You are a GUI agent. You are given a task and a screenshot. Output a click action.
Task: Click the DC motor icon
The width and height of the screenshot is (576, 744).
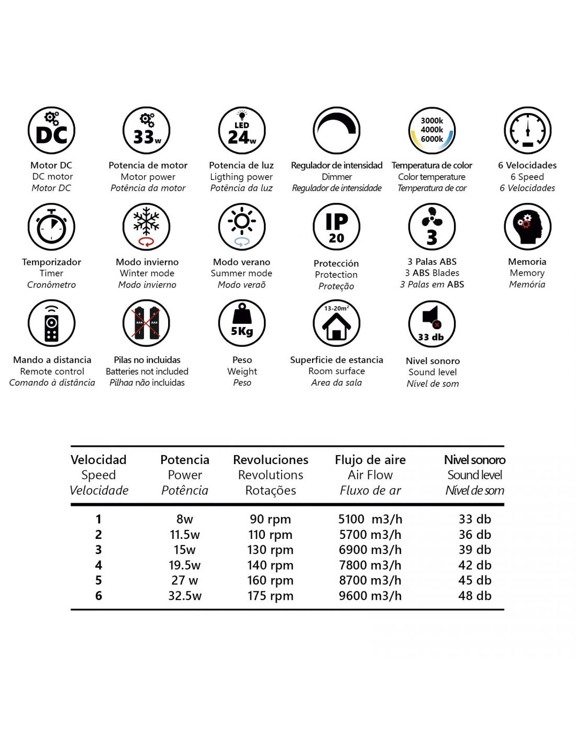[x=51, y=131]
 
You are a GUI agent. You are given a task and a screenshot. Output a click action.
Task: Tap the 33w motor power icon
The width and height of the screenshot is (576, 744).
[x=147, y=131]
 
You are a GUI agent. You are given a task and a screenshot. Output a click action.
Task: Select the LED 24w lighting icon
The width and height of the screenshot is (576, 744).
[x=241, y=131]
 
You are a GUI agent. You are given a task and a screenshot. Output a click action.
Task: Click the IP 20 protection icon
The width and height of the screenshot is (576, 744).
[x=337, y=227]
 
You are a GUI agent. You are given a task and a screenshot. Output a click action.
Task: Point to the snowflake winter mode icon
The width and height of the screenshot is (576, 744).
[x=147, y=227]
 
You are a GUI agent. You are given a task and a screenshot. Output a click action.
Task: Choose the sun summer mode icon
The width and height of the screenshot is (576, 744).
[x=241, y=227]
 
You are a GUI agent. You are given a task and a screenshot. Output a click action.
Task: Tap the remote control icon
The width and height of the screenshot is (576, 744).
[x=51, y=323]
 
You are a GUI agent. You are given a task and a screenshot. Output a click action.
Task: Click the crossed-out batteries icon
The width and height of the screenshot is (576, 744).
[x=147, y=323]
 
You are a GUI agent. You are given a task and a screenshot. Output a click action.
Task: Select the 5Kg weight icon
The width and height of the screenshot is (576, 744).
[x=241, y=323]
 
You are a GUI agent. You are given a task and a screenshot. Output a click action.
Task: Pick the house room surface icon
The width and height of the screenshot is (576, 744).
[x=337, y=323]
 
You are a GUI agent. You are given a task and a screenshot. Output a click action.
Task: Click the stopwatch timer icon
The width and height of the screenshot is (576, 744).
[x=51, y=227]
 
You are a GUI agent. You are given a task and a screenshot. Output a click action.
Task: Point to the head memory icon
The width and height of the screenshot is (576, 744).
[x=527, y=227]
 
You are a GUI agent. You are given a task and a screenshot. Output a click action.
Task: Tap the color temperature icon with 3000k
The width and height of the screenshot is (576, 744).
[x=432, y=131]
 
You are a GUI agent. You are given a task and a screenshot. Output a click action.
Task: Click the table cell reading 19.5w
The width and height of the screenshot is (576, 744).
[x=184, y=565]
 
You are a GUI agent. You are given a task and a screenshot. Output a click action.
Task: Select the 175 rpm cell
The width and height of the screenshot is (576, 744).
[x=270, y=595]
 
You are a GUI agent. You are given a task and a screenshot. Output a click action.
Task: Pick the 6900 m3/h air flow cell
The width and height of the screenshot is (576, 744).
[x=370, y=550]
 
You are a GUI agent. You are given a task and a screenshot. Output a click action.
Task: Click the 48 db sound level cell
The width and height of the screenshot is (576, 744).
[x=474, y=595]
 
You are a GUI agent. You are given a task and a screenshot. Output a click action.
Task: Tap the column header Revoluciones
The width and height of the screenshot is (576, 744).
[x=270, y=460]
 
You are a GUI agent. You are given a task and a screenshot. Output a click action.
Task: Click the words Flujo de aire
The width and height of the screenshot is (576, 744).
[x=370, y=460]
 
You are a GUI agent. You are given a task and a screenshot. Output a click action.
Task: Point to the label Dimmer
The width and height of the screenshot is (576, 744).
[x=337, y=177]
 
